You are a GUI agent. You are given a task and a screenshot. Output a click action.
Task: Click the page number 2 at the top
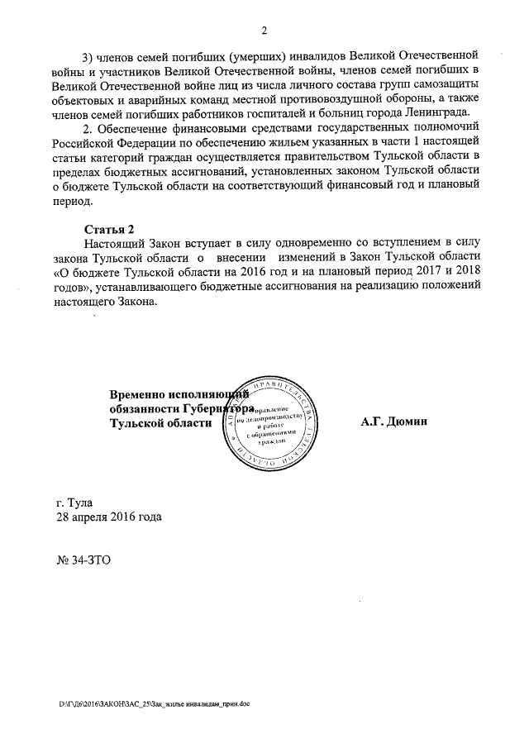coord(264,31)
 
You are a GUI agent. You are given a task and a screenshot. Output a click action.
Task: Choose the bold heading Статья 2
coord(108,228)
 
